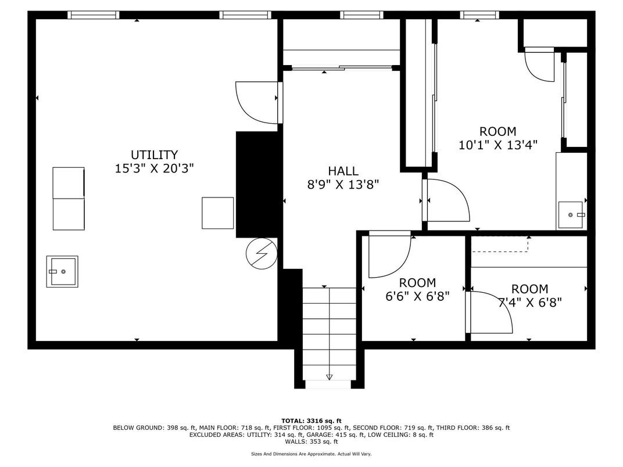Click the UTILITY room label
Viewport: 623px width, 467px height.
pyautogui.click(x=154, y=155)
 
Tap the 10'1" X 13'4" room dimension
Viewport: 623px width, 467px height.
pyautogui.click(x=497, y=145)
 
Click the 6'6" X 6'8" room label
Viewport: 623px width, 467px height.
pyautogui.click(x=417, y=296)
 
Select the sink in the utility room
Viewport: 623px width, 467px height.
pyautogui.click(x=62, y=271)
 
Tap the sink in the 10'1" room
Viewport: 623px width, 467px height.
pyautogui.click(x=572, y=215)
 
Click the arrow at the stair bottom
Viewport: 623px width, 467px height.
pyautogui.click(x=330, y=377)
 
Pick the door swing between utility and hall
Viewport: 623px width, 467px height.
pyautogui.click(x=257, y=102)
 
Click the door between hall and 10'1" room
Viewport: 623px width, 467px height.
pyautogui.click(x=446, y=200)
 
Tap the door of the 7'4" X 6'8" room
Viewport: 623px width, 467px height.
pyautogui.click(x=490, y=312)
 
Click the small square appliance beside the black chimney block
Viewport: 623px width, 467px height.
pyautogui.click(x=218, y=213)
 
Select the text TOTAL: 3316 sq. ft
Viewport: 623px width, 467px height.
pyautogui.click(x=311, y=421)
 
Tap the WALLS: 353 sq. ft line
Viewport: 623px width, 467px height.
pyautogui.click(x=311, y=441)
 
